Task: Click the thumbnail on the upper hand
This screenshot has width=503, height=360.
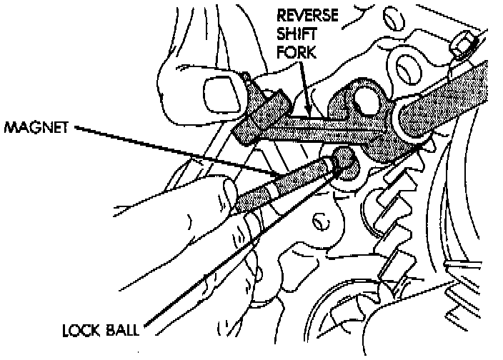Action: tap(219, 91)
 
